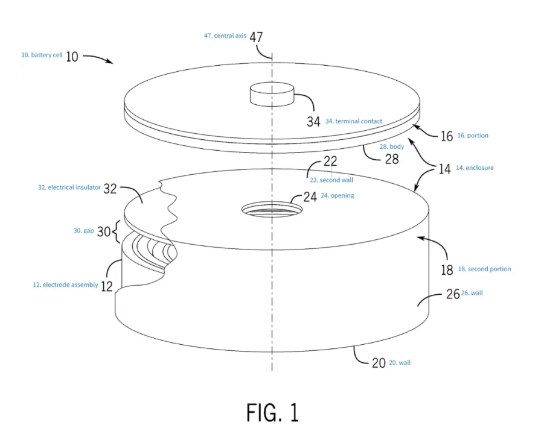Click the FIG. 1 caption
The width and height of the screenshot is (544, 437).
[x=272, y=413]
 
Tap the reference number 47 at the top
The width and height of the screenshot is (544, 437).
[x=256, y=37]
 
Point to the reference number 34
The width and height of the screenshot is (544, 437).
[x=313, y=122]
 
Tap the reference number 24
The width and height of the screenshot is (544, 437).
[x=310, y=196]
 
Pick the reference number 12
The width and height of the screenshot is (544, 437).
[x=106, y=286]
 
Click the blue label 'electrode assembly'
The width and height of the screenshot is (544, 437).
[x=65, y=285]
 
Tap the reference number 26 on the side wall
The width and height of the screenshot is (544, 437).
[x=453, y=294]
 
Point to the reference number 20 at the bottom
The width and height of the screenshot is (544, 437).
[x=379, y=363]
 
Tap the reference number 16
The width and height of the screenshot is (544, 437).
[x=446, y=136]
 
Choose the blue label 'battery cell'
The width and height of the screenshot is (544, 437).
[x=42, y=55]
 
